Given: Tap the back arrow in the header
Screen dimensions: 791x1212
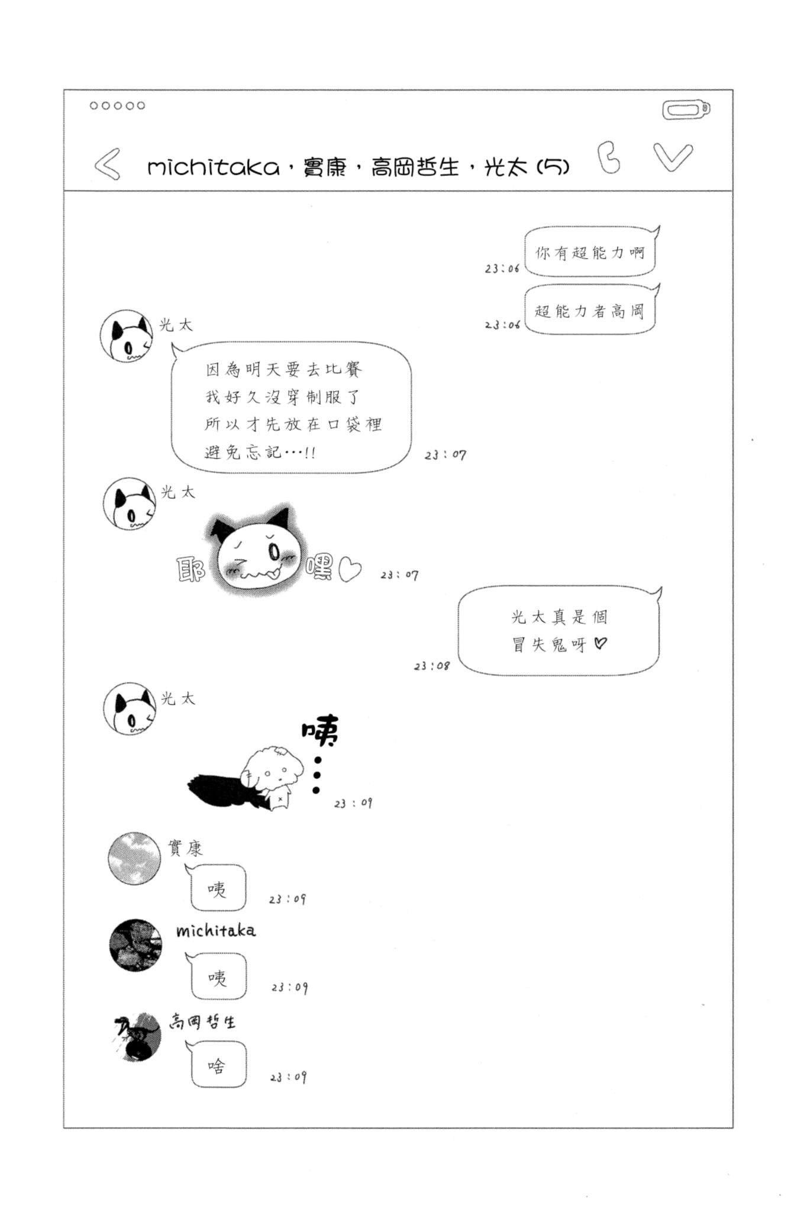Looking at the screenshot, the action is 108,163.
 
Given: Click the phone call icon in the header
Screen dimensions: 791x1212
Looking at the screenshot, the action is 609,158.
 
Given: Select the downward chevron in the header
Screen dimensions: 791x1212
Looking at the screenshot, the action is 673,157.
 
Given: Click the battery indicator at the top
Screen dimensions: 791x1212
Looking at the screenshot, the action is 686,110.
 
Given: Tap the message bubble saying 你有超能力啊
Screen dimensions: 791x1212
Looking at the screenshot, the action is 590,253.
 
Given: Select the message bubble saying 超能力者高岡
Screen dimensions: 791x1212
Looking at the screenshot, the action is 590,310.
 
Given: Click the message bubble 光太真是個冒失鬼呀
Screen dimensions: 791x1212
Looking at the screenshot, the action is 558,631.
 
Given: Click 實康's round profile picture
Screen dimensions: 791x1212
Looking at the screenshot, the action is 134,858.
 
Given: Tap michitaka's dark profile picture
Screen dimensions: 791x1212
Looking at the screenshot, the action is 135,945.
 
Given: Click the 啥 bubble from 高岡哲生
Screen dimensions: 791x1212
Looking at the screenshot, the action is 218,1066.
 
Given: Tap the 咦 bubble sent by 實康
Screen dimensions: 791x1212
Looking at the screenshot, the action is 218,888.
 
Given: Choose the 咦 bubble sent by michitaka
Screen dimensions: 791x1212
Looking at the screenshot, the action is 218,976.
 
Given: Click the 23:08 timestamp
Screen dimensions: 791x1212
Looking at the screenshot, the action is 431,666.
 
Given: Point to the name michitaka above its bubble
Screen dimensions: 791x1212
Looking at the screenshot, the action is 216,930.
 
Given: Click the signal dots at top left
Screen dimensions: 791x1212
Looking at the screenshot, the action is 117,106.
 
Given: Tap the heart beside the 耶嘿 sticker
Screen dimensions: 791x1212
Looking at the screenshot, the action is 350,570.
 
